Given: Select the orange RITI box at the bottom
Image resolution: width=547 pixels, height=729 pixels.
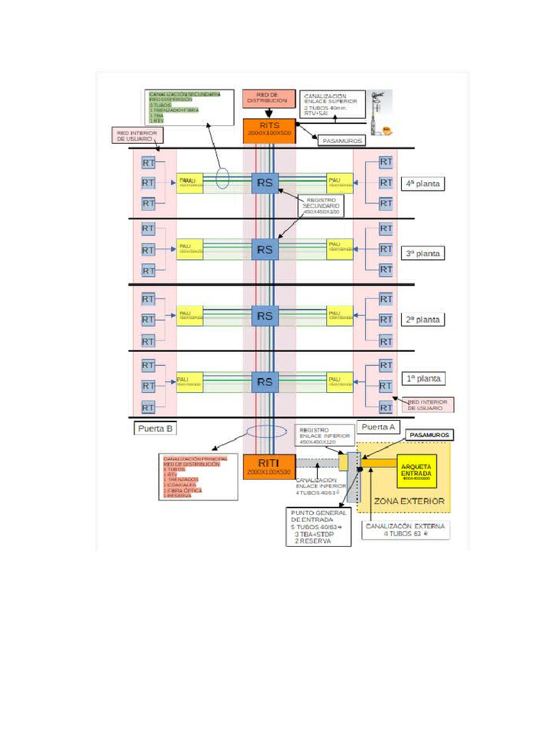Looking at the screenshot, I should point(269,466).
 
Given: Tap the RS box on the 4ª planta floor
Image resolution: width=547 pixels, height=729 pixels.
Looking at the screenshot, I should point(264,182).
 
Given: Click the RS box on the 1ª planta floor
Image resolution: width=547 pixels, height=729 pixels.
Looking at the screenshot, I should point(264,382).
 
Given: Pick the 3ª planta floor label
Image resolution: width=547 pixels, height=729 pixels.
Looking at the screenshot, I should point(423,253).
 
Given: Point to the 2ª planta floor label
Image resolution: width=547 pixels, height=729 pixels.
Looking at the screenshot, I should point(423,320).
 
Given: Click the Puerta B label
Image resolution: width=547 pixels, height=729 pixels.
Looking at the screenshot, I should point(155,429).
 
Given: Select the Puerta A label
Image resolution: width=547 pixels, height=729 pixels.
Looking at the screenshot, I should point(377,427).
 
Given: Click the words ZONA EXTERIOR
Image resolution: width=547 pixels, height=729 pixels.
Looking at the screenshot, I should point(409,501).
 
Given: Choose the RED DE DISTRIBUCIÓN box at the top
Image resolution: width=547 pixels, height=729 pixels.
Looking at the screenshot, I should point(266,98).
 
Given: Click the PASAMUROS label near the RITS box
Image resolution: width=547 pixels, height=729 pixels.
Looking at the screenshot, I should point(343,141).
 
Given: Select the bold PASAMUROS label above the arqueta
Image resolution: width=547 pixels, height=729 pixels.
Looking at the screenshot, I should point(429,434).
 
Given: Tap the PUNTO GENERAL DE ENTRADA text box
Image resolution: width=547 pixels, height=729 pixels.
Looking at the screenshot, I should point(319,527).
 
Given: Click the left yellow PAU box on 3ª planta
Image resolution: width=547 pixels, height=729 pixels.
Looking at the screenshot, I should point(190,249).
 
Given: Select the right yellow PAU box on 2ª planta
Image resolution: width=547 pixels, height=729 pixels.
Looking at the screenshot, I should point(340,315).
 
